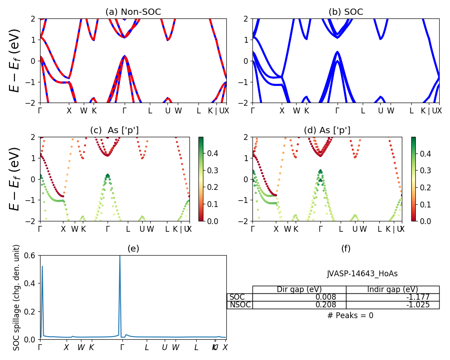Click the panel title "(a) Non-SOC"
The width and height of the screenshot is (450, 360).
click(x=133, y=12)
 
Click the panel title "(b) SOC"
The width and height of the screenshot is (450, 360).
click(x=346, y=12)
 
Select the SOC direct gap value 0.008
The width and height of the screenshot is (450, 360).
click(x=334, y=297)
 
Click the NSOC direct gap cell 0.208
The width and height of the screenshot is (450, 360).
click(x=334, y=305)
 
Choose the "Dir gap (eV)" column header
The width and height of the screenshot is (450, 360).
click(x=299, y=289)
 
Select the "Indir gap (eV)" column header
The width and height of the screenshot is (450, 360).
click(x=392, y=289)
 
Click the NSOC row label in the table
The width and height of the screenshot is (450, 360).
click(x=239, y=305)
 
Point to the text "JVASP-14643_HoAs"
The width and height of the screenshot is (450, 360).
click(x=362, y=274)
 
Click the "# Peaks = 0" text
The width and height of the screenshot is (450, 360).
click(x=350, y=315)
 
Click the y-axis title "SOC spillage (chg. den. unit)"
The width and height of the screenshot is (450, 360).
click(x=17, y=297)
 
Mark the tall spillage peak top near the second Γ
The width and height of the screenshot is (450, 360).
click(x=120, y=256)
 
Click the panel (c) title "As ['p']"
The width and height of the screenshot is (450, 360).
click(x=114, y=130)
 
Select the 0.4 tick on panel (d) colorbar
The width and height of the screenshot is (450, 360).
click(x=425, y=154)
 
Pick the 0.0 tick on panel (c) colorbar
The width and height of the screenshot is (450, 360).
click(x=212, y=221)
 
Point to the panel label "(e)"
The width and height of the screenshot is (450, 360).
click(x=133, y=248)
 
